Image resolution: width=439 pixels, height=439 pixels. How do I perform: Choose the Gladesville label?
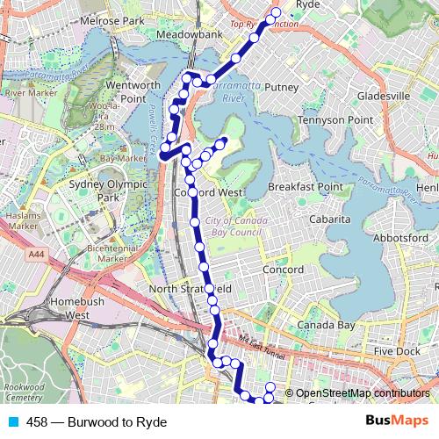point(384,95)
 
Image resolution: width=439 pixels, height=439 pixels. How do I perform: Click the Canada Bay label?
point(326,325)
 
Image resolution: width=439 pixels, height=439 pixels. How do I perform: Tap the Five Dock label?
point(397,351)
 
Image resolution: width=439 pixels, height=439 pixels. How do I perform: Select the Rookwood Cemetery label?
point(24,392)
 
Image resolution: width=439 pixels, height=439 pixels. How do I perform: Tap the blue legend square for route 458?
point(12,422)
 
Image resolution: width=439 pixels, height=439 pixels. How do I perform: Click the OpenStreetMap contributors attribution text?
point(363,393)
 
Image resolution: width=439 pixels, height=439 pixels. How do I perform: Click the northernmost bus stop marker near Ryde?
point(276,12)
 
